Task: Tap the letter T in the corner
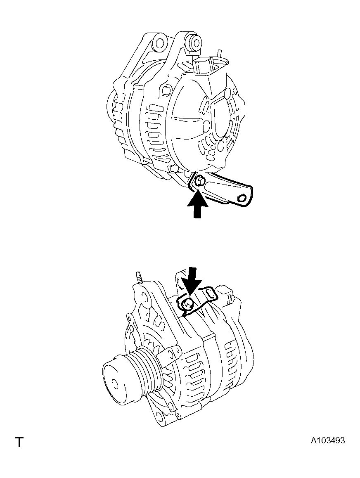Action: click(19, 442)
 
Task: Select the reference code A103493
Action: click(328, 440)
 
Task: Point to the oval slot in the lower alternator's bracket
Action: click(210, 293)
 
